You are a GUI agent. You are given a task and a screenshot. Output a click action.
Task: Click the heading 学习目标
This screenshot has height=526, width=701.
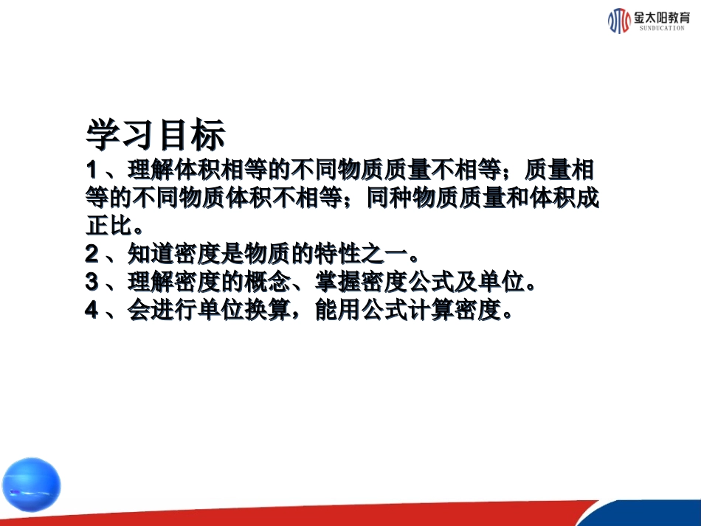click(x=155, y=136)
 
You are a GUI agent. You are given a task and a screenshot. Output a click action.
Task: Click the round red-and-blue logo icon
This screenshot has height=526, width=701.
click(x=618, y=21)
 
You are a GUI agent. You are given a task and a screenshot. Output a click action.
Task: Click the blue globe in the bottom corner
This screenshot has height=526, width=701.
click(x=31, y=485)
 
